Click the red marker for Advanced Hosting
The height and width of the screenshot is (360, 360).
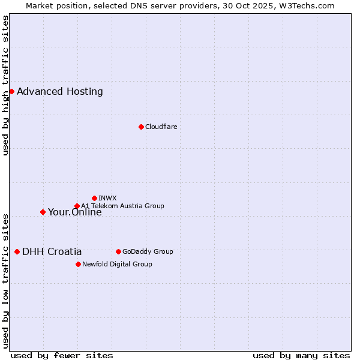(11, 91)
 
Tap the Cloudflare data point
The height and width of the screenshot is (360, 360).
(141, 127)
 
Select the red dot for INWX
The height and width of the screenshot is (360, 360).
(94, 198)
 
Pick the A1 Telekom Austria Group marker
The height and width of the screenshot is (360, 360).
(77, 206)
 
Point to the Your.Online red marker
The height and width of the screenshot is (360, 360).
(43, 212)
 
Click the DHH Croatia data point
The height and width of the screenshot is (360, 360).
(17, 252)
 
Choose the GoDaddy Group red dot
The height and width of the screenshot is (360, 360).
(118, 251)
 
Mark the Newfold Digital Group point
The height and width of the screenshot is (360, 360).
(78, 264)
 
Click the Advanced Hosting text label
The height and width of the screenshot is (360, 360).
(60, 92)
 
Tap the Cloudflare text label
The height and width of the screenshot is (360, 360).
(161, 127)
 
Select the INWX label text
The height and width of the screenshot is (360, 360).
(107, 198)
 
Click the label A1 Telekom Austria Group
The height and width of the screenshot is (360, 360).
(122, 206)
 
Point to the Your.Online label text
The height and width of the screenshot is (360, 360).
(75, 212)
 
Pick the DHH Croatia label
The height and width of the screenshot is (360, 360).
(52, 252)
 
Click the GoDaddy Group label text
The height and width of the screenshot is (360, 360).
(148, 251)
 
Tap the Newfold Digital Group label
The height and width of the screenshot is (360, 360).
(117, 264)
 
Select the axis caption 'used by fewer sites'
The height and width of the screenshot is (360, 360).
(62, 355)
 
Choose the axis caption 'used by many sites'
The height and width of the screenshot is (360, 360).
(301, 355)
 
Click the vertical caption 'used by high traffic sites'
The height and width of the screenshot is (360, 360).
(6, 85)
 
